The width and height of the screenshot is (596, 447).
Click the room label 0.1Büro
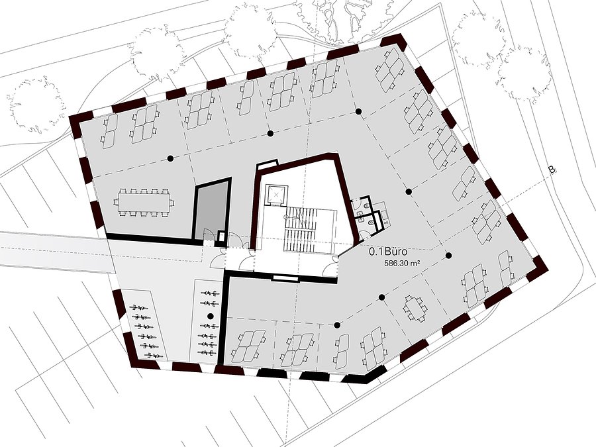point(389,252)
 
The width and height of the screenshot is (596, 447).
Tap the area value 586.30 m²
point(402,263)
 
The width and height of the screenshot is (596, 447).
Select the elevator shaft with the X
point(276,194)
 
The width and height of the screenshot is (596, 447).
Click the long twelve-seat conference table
point(144,202)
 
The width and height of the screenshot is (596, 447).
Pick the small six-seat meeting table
point(414,308)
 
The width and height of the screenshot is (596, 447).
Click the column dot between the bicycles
point(209,316)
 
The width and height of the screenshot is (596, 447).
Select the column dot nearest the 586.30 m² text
point(449,256)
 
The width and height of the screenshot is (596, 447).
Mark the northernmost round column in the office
point(358,111)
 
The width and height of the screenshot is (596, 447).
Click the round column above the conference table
point(170,158)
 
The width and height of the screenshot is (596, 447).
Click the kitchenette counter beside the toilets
point(383,215)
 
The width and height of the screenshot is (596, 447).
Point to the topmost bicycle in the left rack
point(139,307)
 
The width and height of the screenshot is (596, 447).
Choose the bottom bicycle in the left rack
point(153,356)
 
